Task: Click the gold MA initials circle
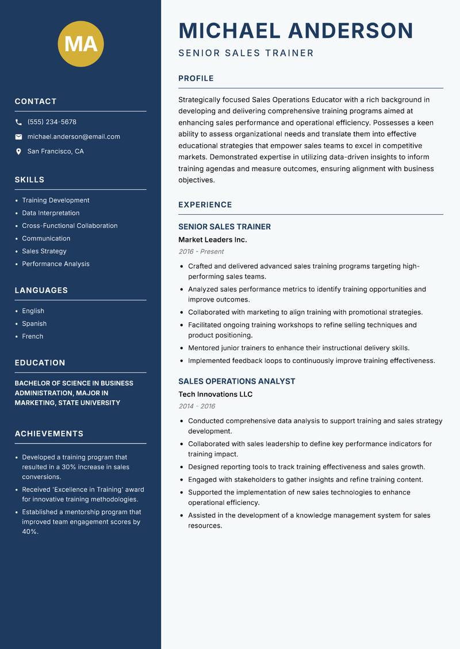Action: pyautogui.click(x=80, y=44)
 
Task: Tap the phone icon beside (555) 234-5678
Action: pyautogui.click(x=19, y=122)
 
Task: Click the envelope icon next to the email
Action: pyautogui.click(x=19, y=137)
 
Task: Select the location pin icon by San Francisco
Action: pyautogui.click(x=19, y=152)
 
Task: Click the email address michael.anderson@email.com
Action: pyautogui.click(x=74, y=137)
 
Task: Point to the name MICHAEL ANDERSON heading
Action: pyautogui.click(x=296, y=30)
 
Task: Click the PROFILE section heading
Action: pyautogui.click(x=195, y=79)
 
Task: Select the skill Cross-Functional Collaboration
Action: pyautogui.click(x=70, y=226)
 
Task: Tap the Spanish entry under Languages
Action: pyautogui.click(x=34, y=323)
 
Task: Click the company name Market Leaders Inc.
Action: pyautogui.click(x=212, y=239)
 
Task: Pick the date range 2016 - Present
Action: pyautogui.click(x=201, y=252)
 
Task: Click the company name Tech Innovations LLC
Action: pyautogui.click(x=215, y=394)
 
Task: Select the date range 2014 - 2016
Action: pyautogui.click(x=196, y=406)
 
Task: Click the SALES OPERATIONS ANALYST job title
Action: pyautogui.click(x=236, y=381)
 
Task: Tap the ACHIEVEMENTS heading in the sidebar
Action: pyautogui.click(x=49, y=434)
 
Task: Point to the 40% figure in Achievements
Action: pyautogui.click(x=30, y=532)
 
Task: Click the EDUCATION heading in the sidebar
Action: pyautogui.click(x=40, y=363)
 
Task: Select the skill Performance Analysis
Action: pyautogui.click(x=56, y=264)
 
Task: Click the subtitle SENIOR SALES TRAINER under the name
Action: pyautogui.click(x=246, y=53)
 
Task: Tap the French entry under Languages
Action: pyautogui.click(x=32, y=336)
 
